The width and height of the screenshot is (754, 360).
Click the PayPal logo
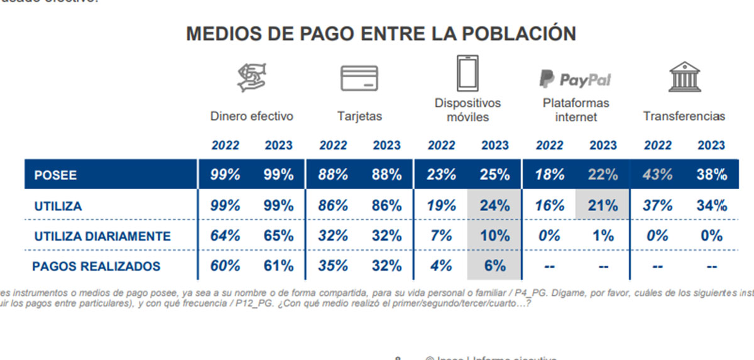[575, 79]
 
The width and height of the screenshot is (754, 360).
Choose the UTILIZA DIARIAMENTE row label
[102, 236]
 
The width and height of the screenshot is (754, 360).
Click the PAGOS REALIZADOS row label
[96, 266]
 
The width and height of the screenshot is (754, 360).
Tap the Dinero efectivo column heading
[251, 116]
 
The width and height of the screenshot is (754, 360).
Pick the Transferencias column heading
[684, 116]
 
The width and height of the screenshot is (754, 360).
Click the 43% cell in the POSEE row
[658, 175]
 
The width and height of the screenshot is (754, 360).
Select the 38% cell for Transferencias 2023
[711, 175]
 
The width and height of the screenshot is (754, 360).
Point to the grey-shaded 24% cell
[495, 205]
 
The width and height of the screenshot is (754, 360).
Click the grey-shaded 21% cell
[603, 205]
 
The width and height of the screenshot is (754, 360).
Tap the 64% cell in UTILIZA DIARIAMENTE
[225, 236]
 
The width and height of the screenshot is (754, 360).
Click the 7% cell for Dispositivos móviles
[442, 236]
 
